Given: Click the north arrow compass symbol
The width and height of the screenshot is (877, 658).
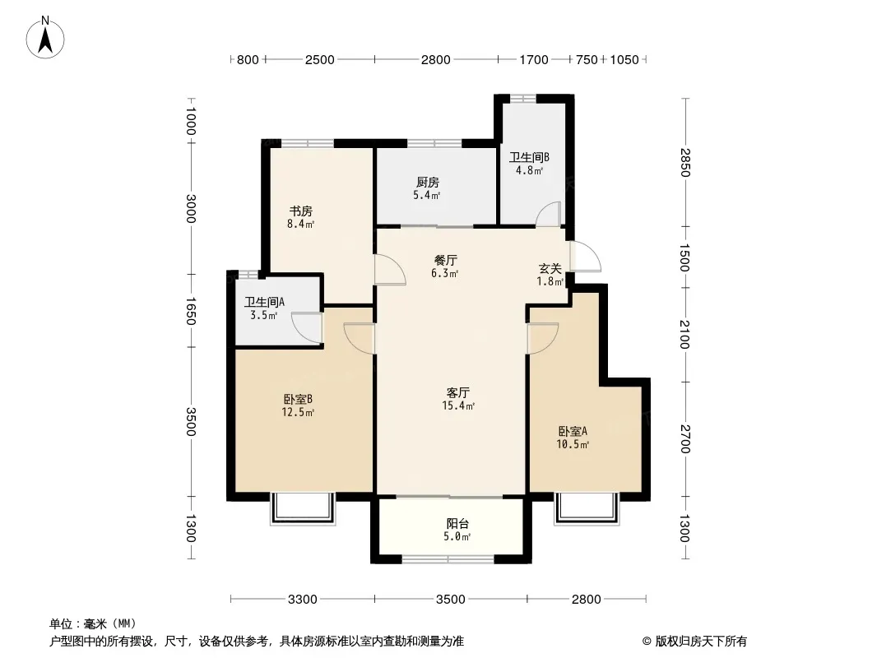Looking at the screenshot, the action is click(45, 38).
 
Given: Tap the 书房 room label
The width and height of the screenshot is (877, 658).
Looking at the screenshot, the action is click(300, 211).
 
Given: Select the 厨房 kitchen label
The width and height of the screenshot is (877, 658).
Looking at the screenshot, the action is click(427, 183).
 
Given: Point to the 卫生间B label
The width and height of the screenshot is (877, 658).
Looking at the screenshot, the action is click(529, 157).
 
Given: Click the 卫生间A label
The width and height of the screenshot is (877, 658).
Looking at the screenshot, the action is click(265, 303).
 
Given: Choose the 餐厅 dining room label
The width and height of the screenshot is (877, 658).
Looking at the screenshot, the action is click(446, 261).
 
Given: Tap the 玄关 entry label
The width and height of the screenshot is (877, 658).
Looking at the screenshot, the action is click(550, 269).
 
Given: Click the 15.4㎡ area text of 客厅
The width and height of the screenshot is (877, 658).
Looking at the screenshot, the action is click(458, 405).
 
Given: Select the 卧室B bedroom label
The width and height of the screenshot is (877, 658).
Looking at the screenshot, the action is click(298, 399).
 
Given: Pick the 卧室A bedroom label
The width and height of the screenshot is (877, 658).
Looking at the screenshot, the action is click(573, 431).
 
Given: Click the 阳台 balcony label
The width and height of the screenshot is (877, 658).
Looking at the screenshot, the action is click(457, 524).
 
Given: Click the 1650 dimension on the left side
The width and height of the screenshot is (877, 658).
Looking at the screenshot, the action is click(190, 311).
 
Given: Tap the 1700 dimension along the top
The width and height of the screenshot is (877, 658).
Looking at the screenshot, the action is click(534, 60).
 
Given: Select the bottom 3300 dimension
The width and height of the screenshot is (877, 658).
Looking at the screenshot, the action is click(303, 600).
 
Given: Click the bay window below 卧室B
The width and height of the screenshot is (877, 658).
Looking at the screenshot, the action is click(303, 509).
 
